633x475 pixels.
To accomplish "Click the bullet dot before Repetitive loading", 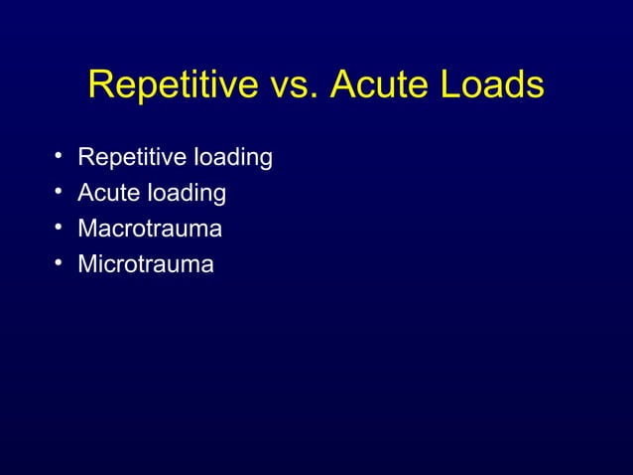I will (x=60, y=156).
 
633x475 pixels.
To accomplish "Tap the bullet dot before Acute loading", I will (x=60, y=192).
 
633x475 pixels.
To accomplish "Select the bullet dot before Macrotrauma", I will (x=60, y=228).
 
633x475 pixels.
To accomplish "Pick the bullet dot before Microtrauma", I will (x=60, y=263).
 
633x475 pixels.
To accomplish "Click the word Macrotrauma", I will (x=150, y=229).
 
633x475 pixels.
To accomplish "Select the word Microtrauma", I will (x=146, y=264).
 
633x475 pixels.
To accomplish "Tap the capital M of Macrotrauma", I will (x=87, y=229).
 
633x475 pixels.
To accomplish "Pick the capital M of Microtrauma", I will (x=87, y=264).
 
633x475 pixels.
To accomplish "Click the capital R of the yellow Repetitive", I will (x=100, y=85).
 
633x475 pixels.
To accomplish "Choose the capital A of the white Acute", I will (x=85, y=193).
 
